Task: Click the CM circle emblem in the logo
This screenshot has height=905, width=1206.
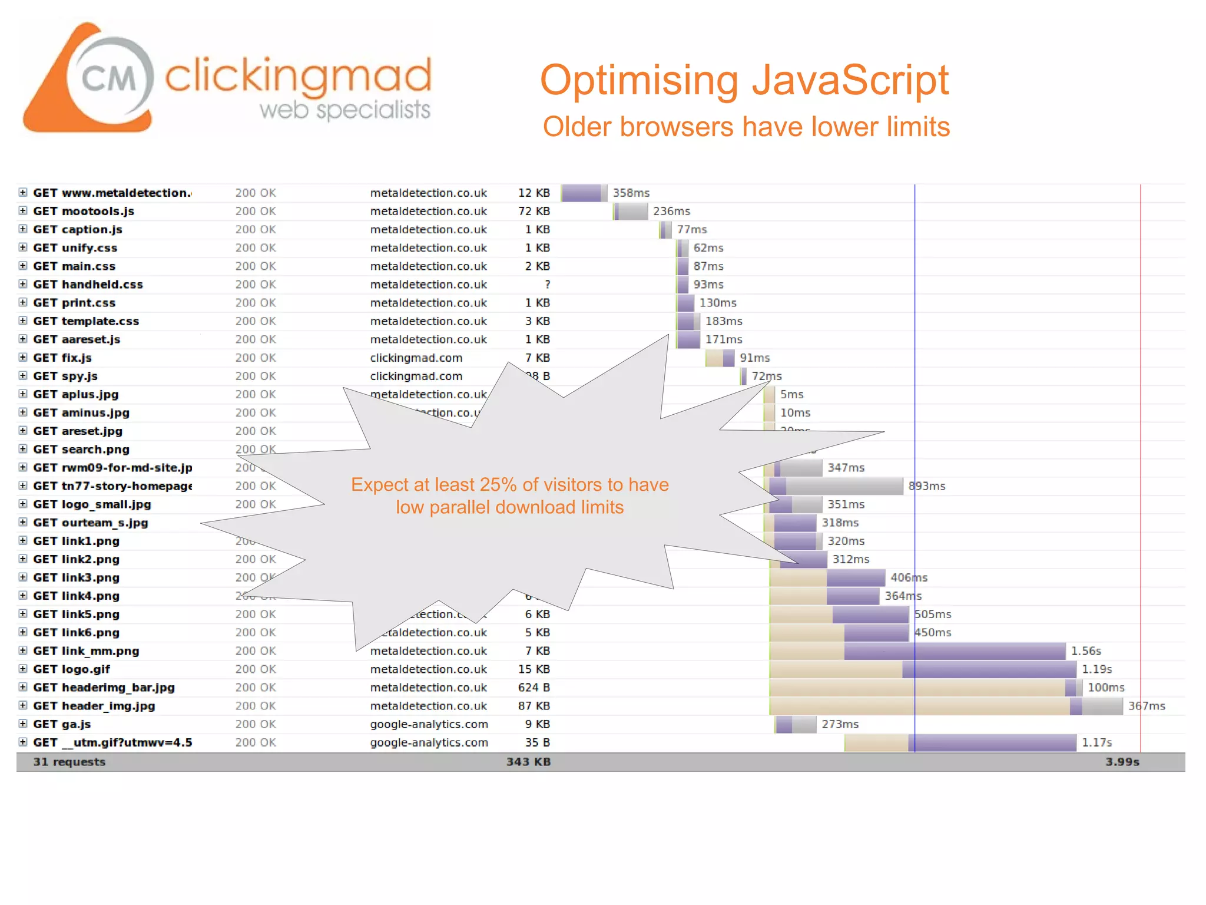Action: click(110, 77)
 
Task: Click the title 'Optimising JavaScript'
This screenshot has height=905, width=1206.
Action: click(744, 80)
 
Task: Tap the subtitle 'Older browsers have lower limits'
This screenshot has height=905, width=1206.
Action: click(746, 127)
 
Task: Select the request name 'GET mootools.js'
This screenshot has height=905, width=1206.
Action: click(84, 211)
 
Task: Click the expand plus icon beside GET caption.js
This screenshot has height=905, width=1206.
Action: click(23, 229)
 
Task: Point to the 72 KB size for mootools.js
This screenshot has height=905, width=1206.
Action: click(534, 211)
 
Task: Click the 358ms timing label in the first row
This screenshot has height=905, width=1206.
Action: click(631, 193)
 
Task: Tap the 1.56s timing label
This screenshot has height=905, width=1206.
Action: click(1085, 650)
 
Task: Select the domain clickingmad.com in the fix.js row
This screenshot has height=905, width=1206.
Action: click(416, 358)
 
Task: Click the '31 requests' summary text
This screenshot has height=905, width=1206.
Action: click(69, 762)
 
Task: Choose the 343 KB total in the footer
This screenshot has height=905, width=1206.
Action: click(528, 762)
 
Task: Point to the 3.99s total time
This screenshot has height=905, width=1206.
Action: click(1122, 762)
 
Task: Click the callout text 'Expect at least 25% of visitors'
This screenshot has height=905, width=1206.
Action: click(510, 485)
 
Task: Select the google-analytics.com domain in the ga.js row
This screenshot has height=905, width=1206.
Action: click(429, 724)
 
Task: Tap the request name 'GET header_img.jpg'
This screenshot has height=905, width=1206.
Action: click(94, 706)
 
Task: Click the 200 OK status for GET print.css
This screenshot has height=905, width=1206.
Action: click(256, 303)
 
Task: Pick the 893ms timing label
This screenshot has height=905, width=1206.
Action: click(927, 486)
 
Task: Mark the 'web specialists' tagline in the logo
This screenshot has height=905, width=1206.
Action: click(345, 110)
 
